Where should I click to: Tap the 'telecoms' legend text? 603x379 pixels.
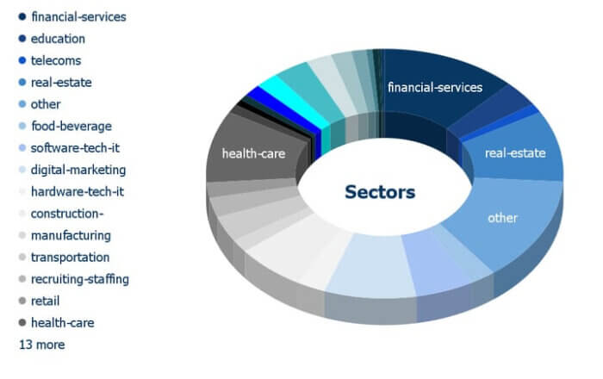[56, 61]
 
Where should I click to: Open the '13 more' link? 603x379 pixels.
[42, 345]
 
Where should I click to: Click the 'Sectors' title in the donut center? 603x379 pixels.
[380, 192]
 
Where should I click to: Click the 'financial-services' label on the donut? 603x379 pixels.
[435, 88]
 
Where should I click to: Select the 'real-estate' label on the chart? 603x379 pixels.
[515, 153]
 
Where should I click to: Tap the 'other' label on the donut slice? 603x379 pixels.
[502, 218]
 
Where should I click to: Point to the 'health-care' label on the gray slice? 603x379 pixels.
[254, 153]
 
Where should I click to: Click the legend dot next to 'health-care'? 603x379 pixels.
[22, 322]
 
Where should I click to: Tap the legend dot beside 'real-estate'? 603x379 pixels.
[22, 82]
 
